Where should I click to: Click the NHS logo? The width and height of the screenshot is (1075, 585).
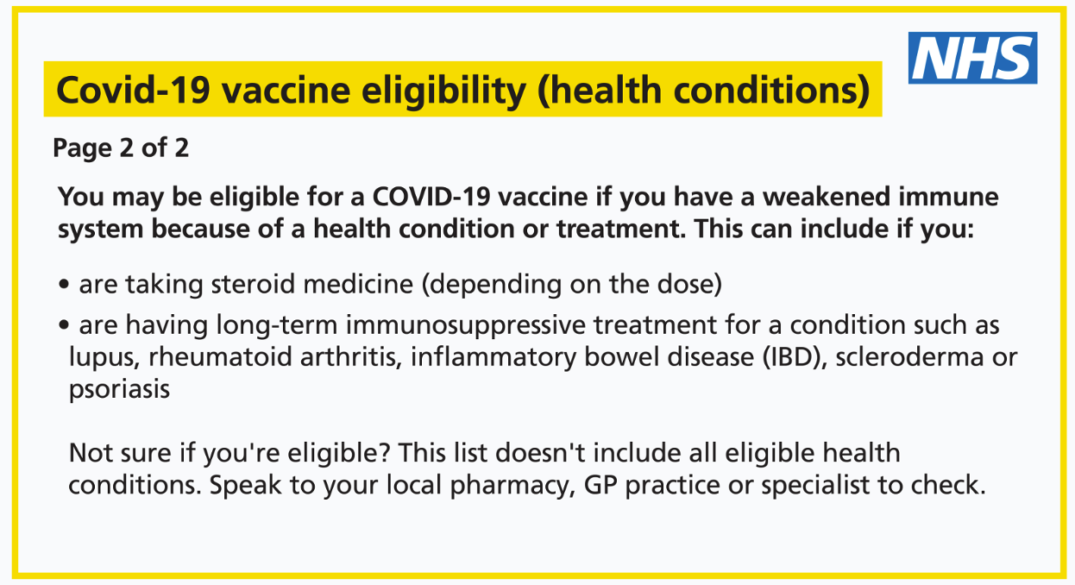972,58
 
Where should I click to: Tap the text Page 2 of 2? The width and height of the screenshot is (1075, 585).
121,148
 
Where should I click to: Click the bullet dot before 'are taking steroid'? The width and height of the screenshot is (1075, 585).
64,284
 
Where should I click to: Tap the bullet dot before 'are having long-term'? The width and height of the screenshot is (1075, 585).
64,325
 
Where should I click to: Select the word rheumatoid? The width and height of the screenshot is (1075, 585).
220,357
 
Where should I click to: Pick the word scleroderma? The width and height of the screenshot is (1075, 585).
910,357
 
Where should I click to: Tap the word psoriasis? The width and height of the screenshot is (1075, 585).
120,390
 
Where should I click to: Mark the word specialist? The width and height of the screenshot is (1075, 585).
815,486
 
